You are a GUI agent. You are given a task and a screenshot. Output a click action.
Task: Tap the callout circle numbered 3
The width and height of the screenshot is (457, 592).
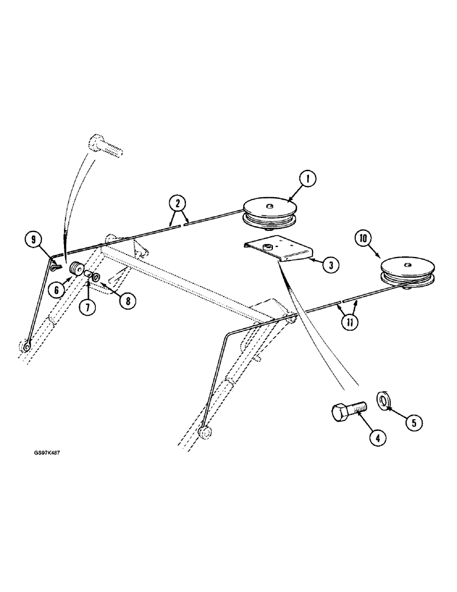330,265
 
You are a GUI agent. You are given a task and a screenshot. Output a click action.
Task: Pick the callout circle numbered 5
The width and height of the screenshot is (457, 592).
414,422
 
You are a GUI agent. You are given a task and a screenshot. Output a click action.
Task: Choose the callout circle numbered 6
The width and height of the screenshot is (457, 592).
56,289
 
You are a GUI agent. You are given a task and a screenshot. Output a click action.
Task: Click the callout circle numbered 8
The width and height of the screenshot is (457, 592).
125,301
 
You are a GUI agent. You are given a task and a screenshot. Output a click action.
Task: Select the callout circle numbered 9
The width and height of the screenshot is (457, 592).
33,240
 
